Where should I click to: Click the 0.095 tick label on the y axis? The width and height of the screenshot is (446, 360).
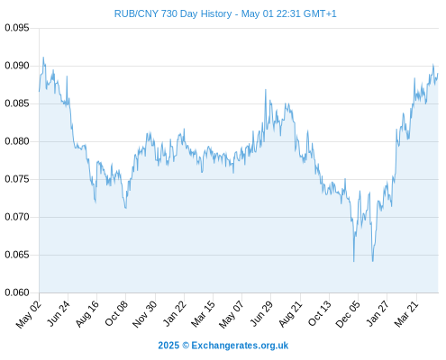coord(17,28)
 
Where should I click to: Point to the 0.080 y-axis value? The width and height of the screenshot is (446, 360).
coord(17,141)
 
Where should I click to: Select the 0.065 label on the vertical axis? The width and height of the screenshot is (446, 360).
coord(17,255)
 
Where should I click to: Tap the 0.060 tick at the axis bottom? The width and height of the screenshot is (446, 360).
coord(17,292)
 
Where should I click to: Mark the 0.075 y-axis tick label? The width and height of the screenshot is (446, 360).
coord(17,179)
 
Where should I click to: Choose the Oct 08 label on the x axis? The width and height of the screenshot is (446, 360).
coord(116,313)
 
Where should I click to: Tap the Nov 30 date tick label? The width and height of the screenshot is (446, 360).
coord(144,314)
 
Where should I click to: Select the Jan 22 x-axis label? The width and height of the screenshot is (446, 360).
coord(174,313)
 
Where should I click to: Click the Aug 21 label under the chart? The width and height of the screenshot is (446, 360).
coord(290,313)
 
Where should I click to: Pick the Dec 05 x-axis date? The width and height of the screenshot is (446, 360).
coord(348,314)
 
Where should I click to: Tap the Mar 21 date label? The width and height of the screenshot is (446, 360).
coord(406,313)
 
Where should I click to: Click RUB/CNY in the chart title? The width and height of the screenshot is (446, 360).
coord(136,13)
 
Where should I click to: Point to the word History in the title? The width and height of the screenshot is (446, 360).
coord(216,13)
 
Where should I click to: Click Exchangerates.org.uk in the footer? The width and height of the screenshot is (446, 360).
coord(240,346)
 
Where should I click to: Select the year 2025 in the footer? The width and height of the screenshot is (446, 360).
coord(168,346)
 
